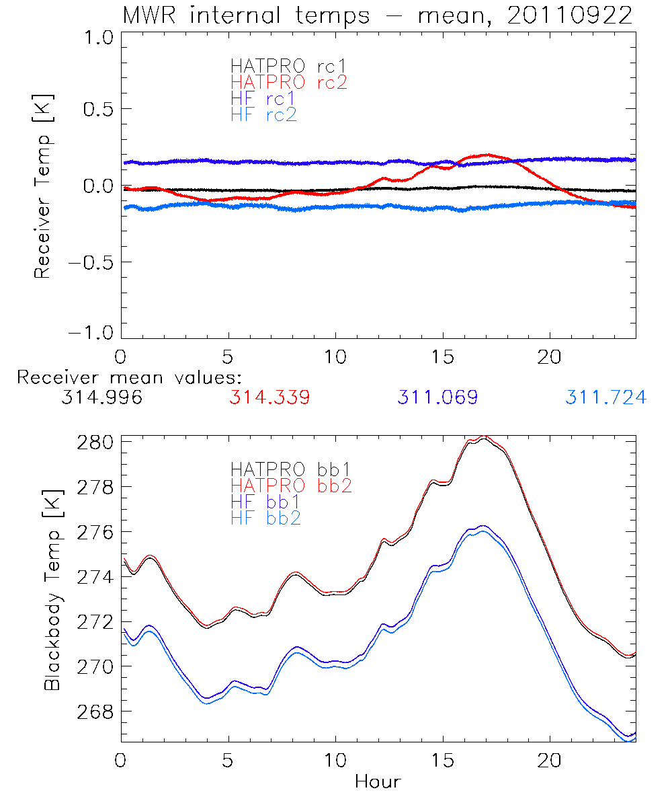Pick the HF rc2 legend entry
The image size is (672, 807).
pos(263,114)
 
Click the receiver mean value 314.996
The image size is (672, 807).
pos(101,397)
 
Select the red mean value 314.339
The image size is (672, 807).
pos(269,397)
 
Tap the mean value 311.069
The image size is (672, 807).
pos(437,397)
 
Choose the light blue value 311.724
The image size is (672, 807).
pos(605,397)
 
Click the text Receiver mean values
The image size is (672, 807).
pos(129,377)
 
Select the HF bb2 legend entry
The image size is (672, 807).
pos(266,517)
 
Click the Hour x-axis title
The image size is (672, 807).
pos(378,781)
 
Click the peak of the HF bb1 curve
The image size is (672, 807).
pos(482,526)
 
